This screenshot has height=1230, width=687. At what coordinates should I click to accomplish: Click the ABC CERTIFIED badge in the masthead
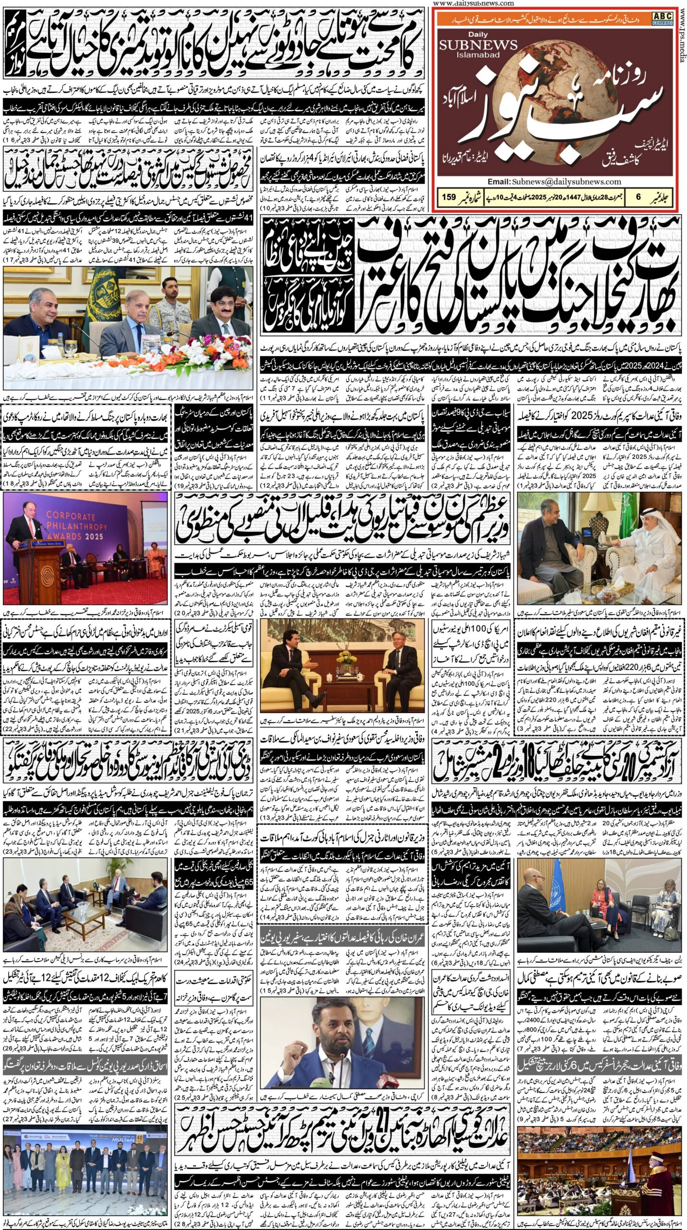[662, 19]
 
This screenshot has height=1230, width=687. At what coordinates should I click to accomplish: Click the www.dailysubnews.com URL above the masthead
[473, 3]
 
